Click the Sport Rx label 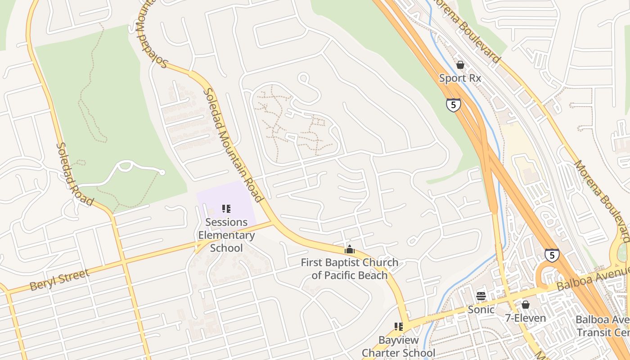point(460,78)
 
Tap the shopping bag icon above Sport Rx point(460,65)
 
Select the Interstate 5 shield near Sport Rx point(453,105)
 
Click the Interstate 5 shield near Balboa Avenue point(552,255)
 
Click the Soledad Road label point(74,174)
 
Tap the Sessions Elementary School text point(226,235)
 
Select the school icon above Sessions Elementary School point(226,208)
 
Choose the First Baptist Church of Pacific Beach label point(349,269)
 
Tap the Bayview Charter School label point(398,346)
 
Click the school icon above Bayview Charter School point(398,326)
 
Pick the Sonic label point(481,310)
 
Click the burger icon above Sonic point(481,296)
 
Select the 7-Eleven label point(525,318)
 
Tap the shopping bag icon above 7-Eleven point(525,305)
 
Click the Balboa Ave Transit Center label point(603,326)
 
